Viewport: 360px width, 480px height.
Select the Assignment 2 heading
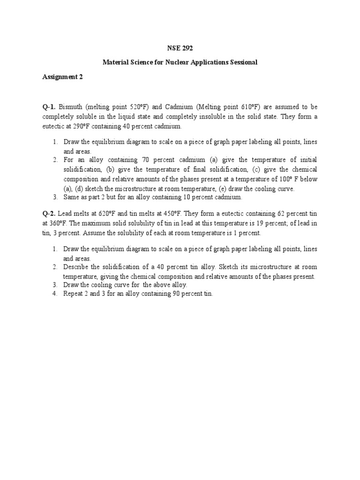(62, 77)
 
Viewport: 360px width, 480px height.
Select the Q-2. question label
(49, 213)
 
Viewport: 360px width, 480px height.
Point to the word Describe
(77, 267)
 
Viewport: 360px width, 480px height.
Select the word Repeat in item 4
(73, 294)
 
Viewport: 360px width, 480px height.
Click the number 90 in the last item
(176, 294)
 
